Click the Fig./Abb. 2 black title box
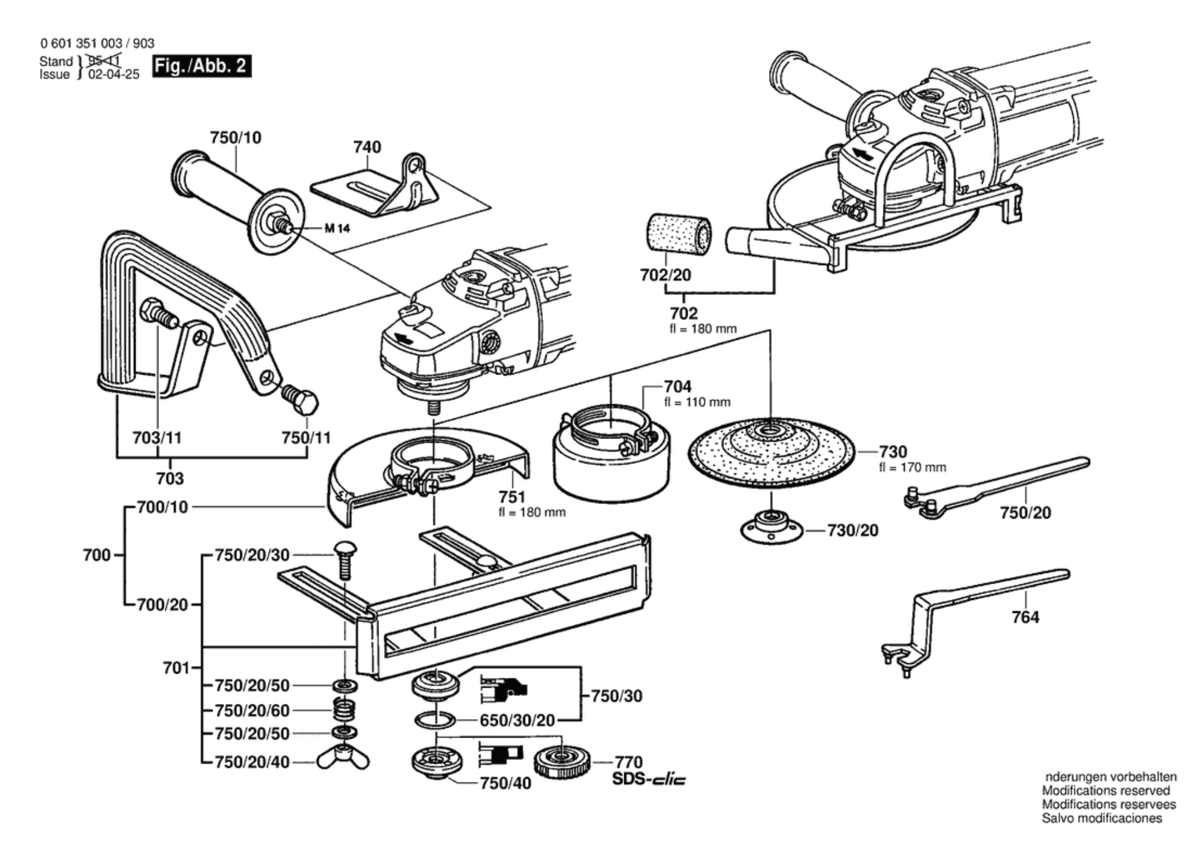coord(201,66)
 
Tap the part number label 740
coord(367,147)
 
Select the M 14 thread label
coord(337,229)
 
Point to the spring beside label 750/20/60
coord(345,710)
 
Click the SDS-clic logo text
coord(649,779)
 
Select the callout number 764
coord(1025,618)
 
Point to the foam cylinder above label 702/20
coord(678,234)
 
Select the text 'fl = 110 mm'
coord(697,402)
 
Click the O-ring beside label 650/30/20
coord(435,720)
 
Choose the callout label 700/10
coord(162,507)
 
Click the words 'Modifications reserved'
coord(1106,791)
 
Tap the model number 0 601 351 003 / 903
coord(97,43)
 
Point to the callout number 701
coord(176,668)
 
